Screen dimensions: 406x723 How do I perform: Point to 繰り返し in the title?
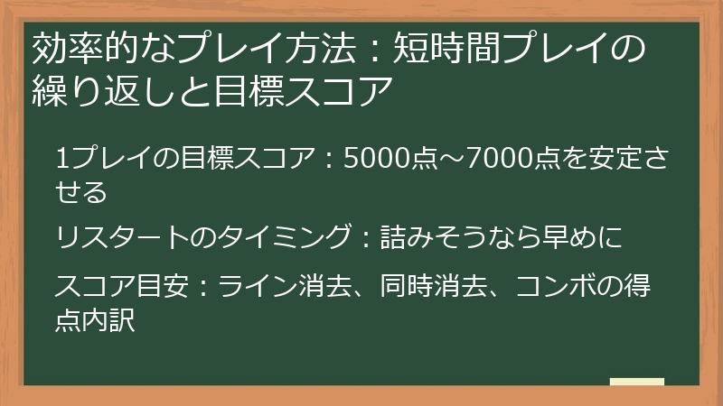[91, 91]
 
